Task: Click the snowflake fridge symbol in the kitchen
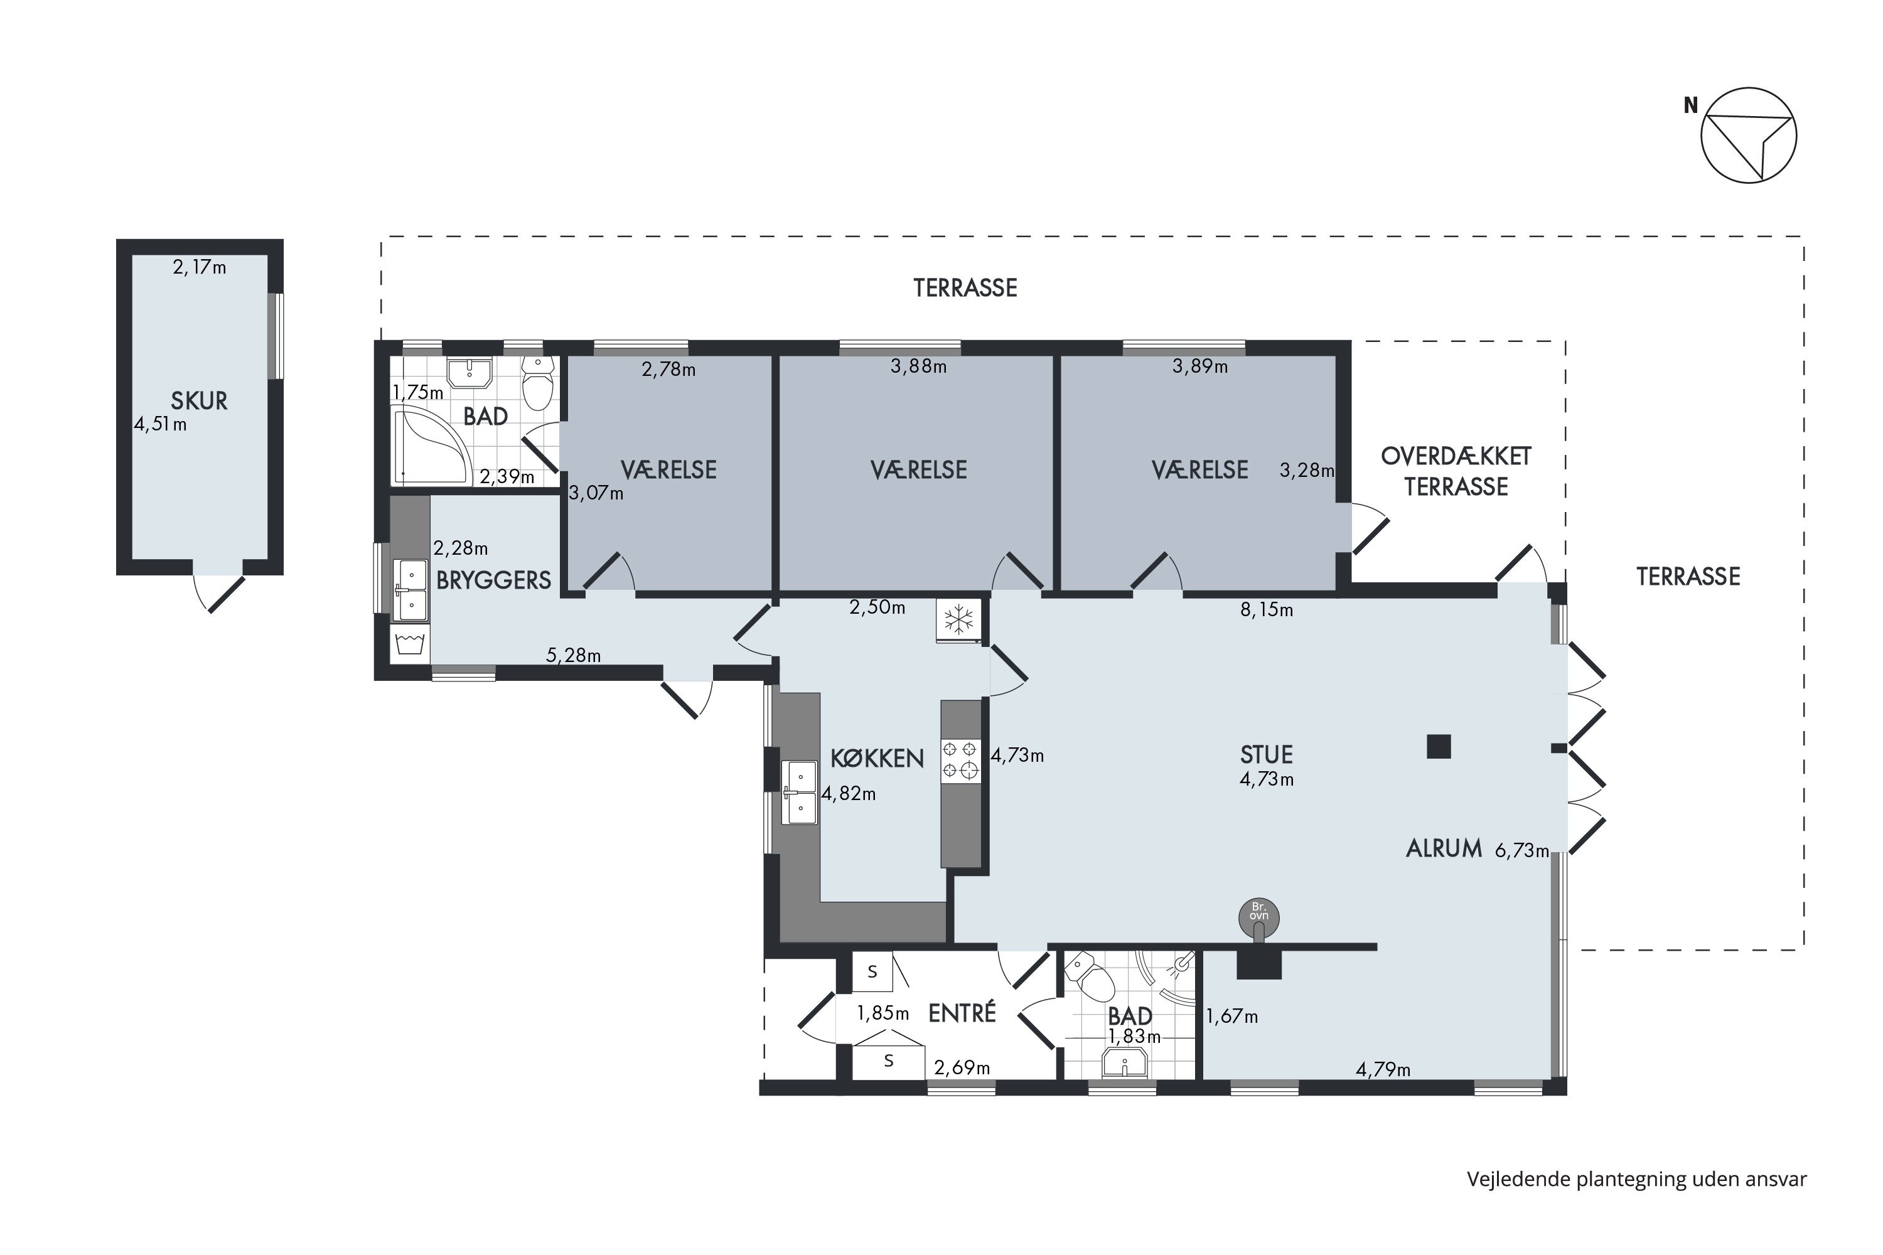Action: [958, 621]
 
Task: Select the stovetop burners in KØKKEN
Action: [960, 759]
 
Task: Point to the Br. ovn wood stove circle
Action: [1259, 917]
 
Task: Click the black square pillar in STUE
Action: [1439, 746]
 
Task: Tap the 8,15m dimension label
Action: [1267, 610]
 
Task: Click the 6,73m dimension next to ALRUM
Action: [1521, 850]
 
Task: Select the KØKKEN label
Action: [877, 758]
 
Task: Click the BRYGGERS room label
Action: [493, 580]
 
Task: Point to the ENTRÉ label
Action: [962, 1013]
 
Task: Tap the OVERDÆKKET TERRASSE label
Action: [1456, 471]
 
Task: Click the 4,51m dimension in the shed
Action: [160, 424]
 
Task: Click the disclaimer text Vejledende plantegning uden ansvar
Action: [1636, 1179]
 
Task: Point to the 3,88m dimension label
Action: [918, 366]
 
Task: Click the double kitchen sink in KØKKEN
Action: [801, 793]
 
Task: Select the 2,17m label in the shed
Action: [200, 267]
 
